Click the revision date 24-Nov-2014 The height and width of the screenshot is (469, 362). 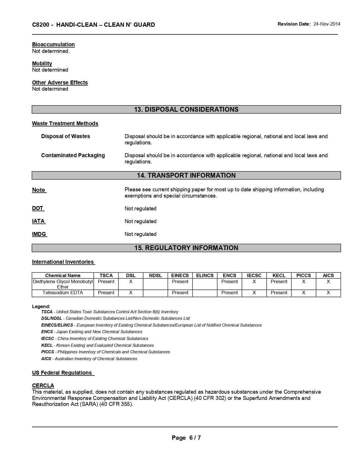tap(327, 24)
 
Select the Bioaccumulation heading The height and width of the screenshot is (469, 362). tap(53, 44)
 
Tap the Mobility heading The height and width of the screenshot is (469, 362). tap(42, 63)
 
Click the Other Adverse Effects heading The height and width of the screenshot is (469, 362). tap(60, 82)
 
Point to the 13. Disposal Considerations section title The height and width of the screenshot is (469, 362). tap(186, 109)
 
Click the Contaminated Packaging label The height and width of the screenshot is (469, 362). tap(73, 155)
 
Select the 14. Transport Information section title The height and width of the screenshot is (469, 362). tap(186, 175)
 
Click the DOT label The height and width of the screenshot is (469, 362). tap(38, 208)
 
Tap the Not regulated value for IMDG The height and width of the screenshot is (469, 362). tap(141, 234)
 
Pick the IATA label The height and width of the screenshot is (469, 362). tap(38, 221)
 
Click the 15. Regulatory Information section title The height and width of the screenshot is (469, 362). tap(186, 248)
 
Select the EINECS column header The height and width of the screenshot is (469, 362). tap(180, 275)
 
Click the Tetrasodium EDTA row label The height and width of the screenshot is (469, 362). tap(63, 293)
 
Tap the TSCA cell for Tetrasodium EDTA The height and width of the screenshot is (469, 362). tap(106, 293)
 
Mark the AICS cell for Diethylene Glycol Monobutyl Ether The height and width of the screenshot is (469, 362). tap(328, 282)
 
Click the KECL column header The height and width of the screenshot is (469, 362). tap(279, 275)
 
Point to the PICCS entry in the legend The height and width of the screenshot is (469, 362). tap(48, 352)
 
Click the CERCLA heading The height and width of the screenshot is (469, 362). tap(43, 385)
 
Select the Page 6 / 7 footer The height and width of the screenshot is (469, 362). tap(186, 438)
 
